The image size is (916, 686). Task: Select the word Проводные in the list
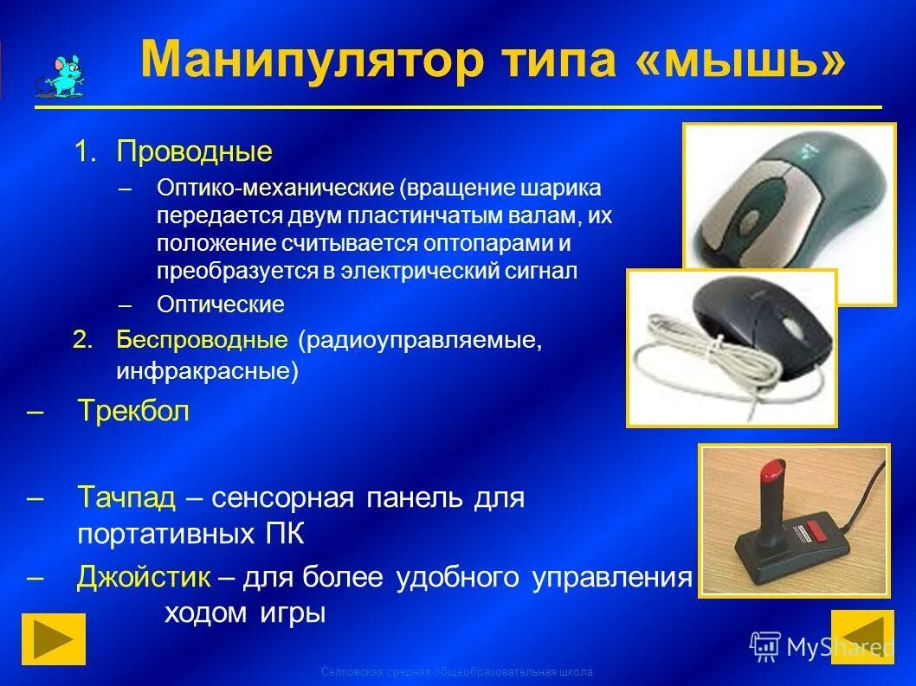(x=195, y=153)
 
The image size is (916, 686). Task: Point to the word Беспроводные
(x=202, y=340)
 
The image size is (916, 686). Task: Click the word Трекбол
(x=132, y=411)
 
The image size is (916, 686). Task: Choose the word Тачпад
(x=126, y=497)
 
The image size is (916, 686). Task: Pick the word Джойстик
(x=144, y=577)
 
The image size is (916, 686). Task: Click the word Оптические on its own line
(x=221, y=305)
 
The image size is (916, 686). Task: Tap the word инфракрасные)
(x=207, y=371)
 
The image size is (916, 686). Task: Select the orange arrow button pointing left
(x=861, y=636)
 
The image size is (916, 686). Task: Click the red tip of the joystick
(x=769, y=473)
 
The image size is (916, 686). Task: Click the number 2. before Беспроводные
(x=82, y=340)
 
